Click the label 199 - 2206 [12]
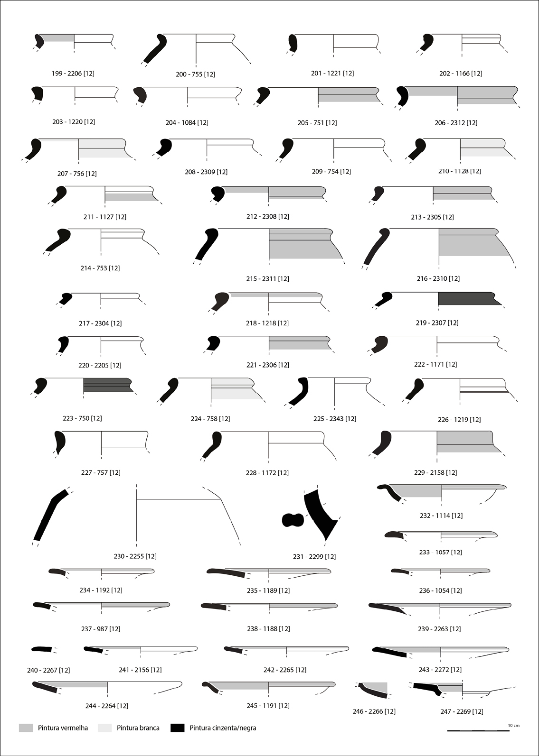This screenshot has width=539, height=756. (x=73, y=74)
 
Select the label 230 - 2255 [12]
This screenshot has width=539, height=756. (x=135, y=556)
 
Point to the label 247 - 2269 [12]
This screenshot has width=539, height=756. (x=462, y=711)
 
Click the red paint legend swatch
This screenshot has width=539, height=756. (x=26, y=728)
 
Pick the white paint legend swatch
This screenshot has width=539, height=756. (x=104, y=728)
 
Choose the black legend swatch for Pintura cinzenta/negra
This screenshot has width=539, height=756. (x=177, y=728)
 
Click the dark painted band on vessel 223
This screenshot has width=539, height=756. (x=107, y=385)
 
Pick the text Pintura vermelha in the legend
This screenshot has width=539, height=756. (x=63, y=728)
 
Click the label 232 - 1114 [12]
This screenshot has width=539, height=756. (x=441, y=516)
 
